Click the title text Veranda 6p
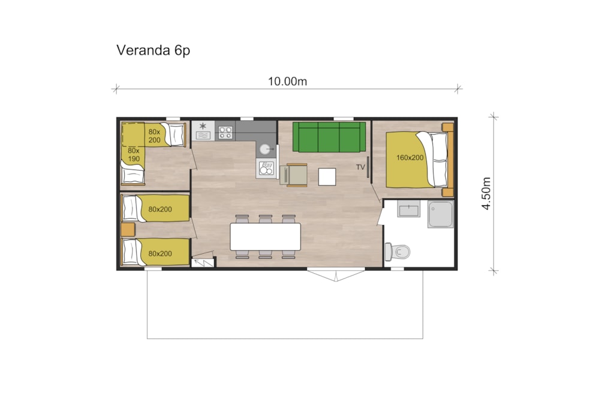tap(153, 50)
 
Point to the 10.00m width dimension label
tap(287, 81)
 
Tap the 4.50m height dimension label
tap(486, 193)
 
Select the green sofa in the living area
tap(329, 137)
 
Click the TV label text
tap(360, 167)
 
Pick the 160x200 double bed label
tap(410, 157)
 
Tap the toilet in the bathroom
tap(397, 252)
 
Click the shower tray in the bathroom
tap(441, 214)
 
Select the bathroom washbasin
tap(409, 209)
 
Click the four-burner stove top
tap(225, 132)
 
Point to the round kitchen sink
tap(265, 149)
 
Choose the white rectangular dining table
tap(266, 237)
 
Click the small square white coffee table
tap(327, 177)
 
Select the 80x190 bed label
tap(134, 155)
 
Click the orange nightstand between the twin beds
tap(128, 230)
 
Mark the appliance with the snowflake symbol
tap(203, 131)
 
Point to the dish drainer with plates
tap(266, 168)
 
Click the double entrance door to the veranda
tap(336, 274)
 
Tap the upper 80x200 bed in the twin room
tap(156, 209)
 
